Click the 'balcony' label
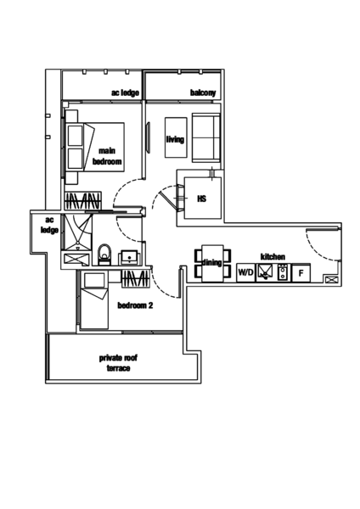[x=203, y=92]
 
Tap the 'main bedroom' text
[x=107, y=156]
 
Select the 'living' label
[x=175, y=139]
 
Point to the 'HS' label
[x=202, y=199]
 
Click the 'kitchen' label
[x=273, y=257]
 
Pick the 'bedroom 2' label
[x=135, y=305]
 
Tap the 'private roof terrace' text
[x=118, y=363]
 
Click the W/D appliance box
[x=245, y=272]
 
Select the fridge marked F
[x=301, y=273]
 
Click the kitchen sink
[x=267, y=272]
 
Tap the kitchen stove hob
[x=283, y=272]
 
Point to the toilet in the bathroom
[x=104, y=255]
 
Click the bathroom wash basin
[x=130, y=257]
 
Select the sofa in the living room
[x=206, y=137]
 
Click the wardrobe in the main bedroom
[x=83, y=200]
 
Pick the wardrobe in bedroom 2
[x=136, y=278]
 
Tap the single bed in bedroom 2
[x=94, y=300]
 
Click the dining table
[x=212, y=263]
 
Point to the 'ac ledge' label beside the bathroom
[x=49, y=225]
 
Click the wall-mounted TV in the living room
[x=149, y=137]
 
